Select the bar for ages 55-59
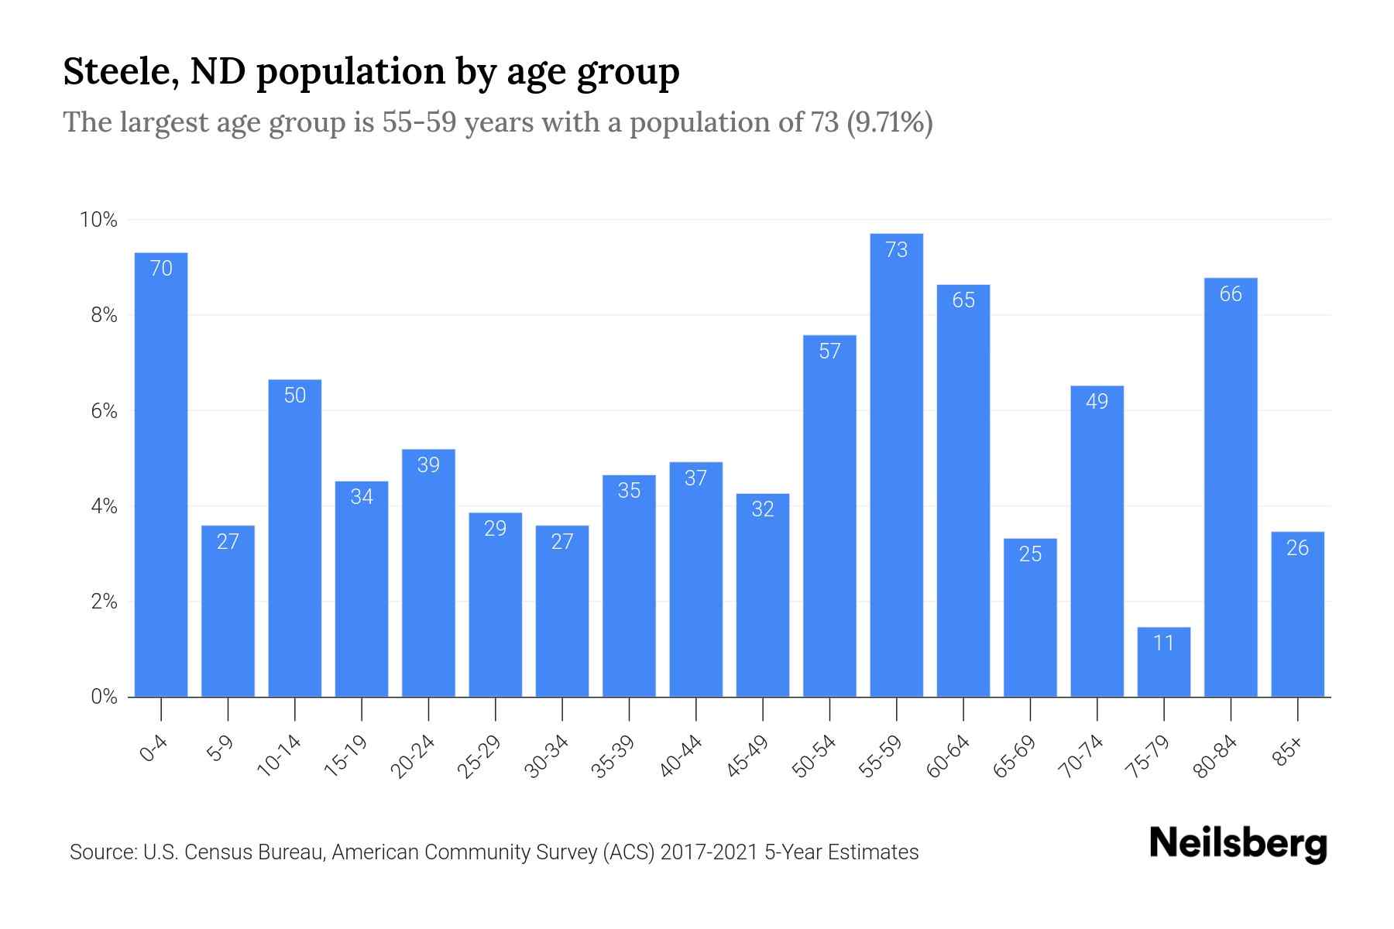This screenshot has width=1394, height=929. click(896, 464)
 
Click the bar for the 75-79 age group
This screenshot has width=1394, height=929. click(1163, 662)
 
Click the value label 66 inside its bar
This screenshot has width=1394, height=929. click(1231, 294)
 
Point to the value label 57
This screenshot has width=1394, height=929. click(829, 351)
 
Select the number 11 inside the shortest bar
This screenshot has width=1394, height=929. click(1163, 643)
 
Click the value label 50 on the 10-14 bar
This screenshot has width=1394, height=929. click(295, 396)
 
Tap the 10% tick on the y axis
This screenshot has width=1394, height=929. click(99, 220)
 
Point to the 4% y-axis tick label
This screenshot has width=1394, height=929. click(104, 506)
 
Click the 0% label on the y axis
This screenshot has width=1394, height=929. click(104, 697)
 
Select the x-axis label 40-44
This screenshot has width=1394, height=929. click(682, 756)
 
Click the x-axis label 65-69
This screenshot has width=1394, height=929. click(1015, 756)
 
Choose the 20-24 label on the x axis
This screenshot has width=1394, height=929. click(414, 756)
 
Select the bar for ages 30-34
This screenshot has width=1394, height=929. click(562, 612)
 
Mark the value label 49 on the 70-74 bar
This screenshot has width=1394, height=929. click(1097, 402)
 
